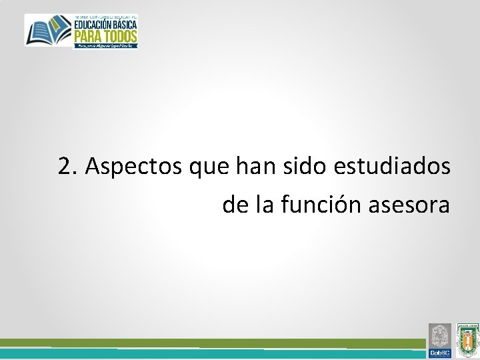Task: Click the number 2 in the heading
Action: click(65, 166)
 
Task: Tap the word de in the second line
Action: click(235, 205)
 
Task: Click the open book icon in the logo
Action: click(49, 31)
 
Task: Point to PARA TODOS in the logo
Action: click(105, 36)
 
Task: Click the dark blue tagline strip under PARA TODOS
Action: click(105, 45)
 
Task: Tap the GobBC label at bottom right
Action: click(440, 353)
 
